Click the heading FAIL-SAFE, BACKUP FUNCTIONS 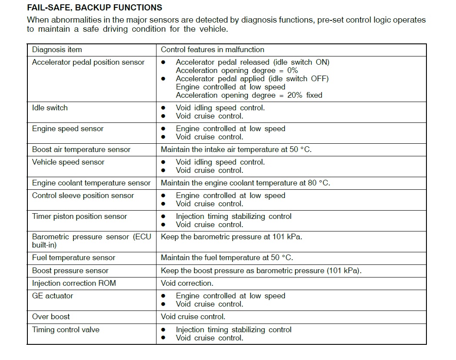pyautogui.click(x=94, y=8)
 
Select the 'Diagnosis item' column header pyautogui.click(x=57, y=50)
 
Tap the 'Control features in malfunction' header pyautogui.click(x=213, y=50)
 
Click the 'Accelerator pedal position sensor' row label pyautogui.click(x=88, y=62)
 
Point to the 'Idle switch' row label pyautogui.click(x=50, y=108)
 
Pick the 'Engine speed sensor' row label pyautogui.click(x=68, y=129)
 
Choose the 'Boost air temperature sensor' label pyautogui.click(x=81, y=149)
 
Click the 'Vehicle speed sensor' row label pyautogui.click(x=68, y=162)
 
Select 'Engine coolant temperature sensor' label pyautogui.click(x=91, y=183)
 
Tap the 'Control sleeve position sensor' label pyautogui.click(x=83, y=195)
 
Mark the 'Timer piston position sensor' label pyautogui.click(x=80, y=216)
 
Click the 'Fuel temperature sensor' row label pyautogui.click(x=74, y=258)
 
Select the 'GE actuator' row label pyautogui.click(x=53, y=296)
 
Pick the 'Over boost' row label pyautogui.click(x=51, y=317)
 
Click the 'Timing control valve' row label pyautogui.click(x=66, y=330)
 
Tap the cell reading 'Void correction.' pyautogui.click(x=187, y=283)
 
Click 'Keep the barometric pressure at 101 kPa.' pyautogui.click(x=231, y=237)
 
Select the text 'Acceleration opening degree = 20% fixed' pyautogui.click(x=249, y=95)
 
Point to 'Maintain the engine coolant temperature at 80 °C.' pyautogui.click(x=245, y=183)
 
